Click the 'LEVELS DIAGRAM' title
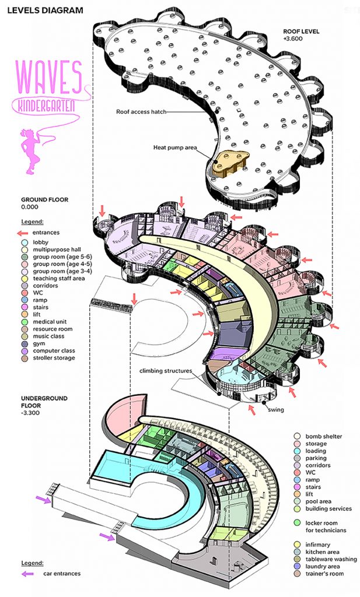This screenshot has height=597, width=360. pyautogui.click(x=45, y=10)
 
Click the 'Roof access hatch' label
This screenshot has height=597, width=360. pyautogui.click(x=141, y=112)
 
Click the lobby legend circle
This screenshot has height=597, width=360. pyautogui.click(x=25, y=242)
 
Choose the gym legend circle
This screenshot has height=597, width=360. pyautogui.click(x=25, y=343)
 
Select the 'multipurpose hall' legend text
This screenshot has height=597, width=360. pyautogui.click(x=57, y=250)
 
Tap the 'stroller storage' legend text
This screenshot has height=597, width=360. pyautogui.click(x=54, y=358)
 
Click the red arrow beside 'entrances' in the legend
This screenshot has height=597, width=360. pyautogui.click(x=23, y=232)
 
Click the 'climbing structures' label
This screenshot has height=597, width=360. pyautogui.click(x=166, y=370)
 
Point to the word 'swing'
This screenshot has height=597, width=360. pyautogui.click(x=275, y=410)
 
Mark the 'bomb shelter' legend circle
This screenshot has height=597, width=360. pyautogui.click(x=297, y=436)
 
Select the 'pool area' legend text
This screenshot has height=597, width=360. pyautogui.click(x=318, y=501)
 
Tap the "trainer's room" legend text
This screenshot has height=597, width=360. pyautogui.click(x=324, y=574)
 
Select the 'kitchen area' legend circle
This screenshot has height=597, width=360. pyautogui.click(x=297, y=552)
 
